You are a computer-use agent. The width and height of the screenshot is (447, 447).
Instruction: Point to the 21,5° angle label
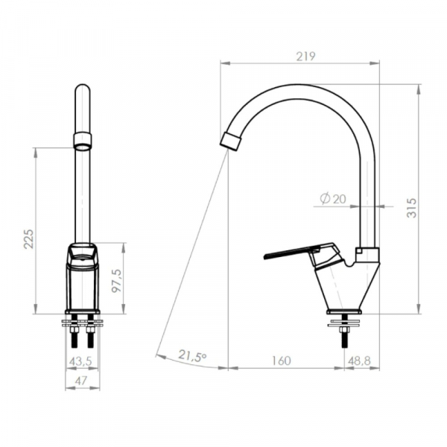[x=192, y=356]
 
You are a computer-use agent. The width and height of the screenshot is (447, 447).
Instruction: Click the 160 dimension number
[x=281, y=361]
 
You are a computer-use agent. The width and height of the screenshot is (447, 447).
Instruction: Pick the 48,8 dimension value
[x=359, y=361]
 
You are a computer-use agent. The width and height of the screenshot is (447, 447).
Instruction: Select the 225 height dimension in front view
[x=28, y=238]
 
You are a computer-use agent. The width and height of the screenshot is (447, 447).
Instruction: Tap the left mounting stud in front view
[x=75, y=333]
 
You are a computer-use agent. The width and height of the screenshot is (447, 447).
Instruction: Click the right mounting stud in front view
[x=90, y=333]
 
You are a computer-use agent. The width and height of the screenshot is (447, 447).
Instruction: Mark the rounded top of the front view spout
[x=82, y=90]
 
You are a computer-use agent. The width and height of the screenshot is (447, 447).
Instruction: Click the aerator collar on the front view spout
[x=82, y=139]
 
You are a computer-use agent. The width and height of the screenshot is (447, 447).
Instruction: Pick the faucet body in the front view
[x=82, y=279]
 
